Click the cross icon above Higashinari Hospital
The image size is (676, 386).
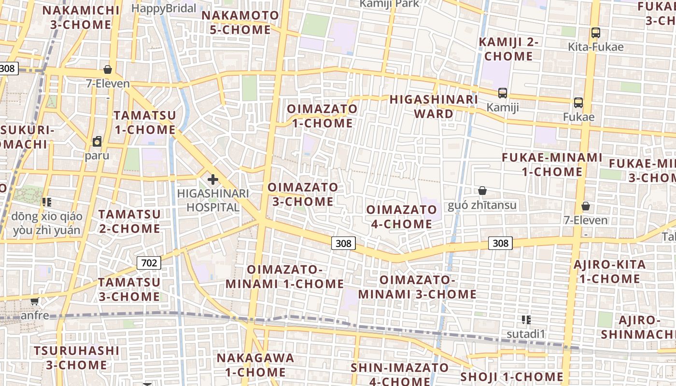[x=212, y=180]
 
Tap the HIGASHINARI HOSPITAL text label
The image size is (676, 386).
[x=213, y=200]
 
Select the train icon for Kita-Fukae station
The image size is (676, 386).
[x=595, y=33]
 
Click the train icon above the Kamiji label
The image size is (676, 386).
[x=503, y=93]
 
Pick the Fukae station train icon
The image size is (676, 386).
[x=578, y=102]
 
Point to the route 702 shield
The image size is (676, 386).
[x=149, y=263]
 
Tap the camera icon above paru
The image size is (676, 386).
[x=97, y=141]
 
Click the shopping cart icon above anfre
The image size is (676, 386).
[x=34, y=302]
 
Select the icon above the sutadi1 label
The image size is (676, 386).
[x=526, y=319]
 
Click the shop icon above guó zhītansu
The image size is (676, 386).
[x=482, y=191]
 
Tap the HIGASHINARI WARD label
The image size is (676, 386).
[x=434, y=107]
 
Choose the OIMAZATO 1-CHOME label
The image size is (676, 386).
[x=323, y=116]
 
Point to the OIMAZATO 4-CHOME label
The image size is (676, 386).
[x=401, y=217]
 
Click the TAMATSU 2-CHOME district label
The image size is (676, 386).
[x=129, y=221]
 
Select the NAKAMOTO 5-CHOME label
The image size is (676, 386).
[x=240, y=22]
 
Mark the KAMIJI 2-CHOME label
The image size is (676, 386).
[x=508, y=49]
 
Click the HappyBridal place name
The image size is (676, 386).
[x=164, y=8]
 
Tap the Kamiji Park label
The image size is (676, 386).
[x=390, y=4]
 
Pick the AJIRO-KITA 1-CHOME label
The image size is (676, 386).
[x=609, y=272]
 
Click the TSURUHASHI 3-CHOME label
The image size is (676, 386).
[x=76, y=357]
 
